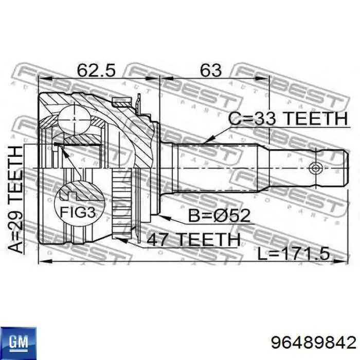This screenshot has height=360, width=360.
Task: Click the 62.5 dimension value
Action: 96,69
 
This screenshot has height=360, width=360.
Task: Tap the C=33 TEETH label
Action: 287,119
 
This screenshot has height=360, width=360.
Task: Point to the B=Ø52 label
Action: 219,215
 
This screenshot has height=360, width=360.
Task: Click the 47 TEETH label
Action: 193,239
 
